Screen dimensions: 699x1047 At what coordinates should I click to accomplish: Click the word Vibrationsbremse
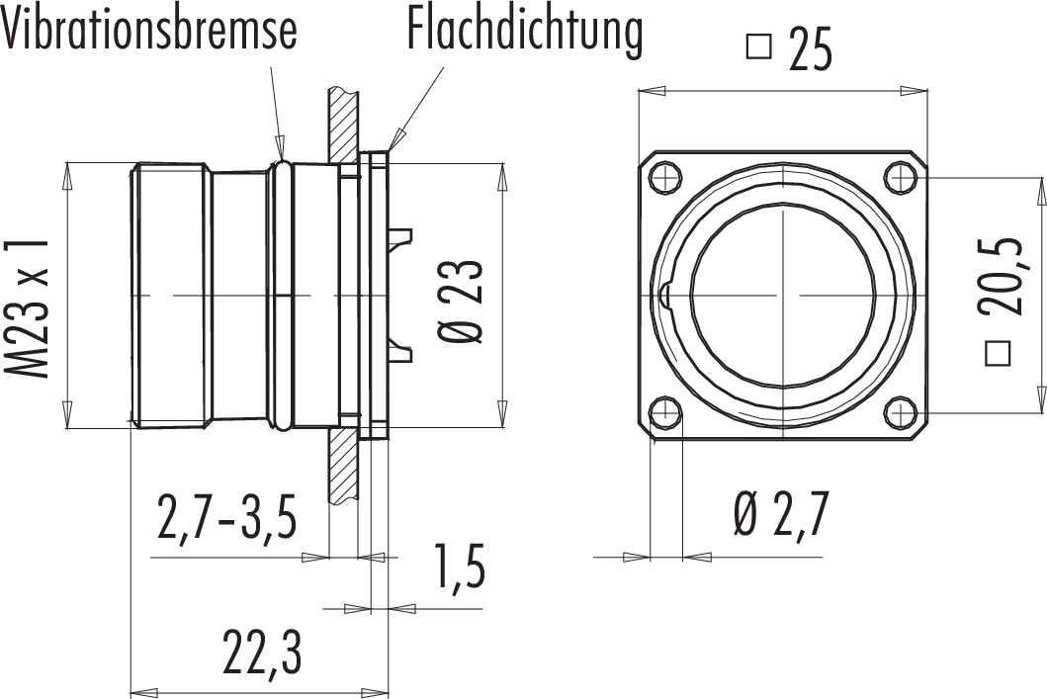149,31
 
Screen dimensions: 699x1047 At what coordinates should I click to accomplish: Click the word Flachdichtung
524,31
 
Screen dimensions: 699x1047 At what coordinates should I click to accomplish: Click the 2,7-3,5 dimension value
226,520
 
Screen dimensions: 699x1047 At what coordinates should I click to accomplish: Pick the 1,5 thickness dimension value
458,567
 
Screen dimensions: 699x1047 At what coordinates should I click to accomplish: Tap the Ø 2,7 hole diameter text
781,515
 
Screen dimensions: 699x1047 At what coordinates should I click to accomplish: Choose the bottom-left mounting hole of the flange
666,412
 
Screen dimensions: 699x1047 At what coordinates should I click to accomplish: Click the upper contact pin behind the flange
400,237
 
